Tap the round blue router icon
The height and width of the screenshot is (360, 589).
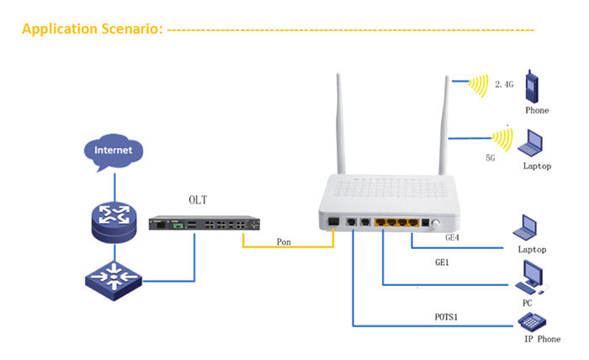(114, 218)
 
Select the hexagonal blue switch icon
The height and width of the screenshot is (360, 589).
(114, 276)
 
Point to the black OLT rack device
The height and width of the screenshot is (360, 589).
(203, 225)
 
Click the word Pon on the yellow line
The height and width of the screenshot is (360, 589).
(284, 242)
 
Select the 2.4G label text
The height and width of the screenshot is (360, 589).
(504, 85)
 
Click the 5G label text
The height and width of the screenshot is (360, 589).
(491, 156)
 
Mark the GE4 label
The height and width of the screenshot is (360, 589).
(456, 237)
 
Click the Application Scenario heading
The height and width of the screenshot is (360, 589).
(92, 30)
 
